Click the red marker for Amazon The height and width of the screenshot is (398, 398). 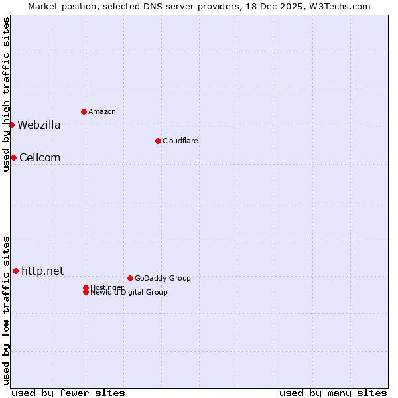84,111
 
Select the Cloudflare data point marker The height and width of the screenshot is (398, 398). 158,141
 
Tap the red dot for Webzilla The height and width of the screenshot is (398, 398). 11,125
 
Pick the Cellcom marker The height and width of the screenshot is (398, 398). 13,157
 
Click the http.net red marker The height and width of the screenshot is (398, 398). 15,271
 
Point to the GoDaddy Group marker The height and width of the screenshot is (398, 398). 130,278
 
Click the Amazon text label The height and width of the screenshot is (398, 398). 101,111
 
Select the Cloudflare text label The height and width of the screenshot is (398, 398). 180,141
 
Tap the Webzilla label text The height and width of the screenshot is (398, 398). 38,125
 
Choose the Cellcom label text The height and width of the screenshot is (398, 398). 40,157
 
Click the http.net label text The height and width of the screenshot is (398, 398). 42,271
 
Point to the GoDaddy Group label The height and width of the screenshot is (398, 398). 163,278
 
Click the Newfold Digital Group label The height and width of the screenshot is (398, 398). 129,292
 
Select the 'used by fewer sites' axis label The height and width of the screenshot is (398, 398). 68,393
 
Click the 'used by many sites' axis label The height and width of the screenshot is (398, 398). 333,393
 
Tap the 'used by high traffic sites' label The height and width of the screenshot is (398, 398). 7,95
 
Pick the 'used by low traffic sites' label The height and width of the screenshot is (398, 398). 7,310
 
